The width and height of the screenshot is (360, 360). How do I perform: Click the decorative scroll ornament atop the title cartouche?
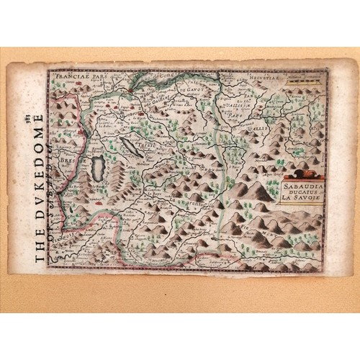click(x=303, y=174)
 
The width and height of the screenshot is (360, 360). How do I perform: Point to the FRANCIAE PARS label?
click(x=77, y=74)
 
